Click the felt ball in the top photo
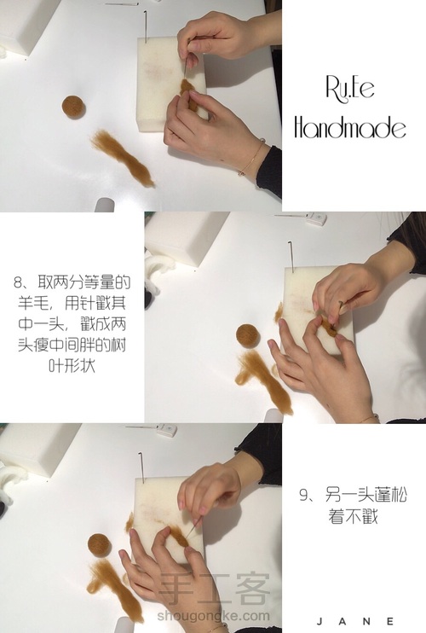point(73,107)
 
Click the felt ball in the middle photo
point(247,335)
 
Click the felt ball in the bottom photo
point(99,545)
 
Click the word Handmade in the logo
point(350,127)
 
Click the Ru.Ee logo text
point(350,89)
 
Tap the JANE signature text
point(355,621)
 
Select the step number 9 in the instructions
point(303,495)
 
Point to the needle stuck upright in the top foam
point(145,26)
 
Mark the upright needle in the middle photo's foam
point(291,256)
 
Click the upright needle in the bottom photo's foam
point(141,467)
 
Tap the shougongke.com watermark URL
point(214,616)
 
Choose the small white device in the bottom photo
point(166,430)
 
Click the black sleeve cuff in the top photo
point(269,171)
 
